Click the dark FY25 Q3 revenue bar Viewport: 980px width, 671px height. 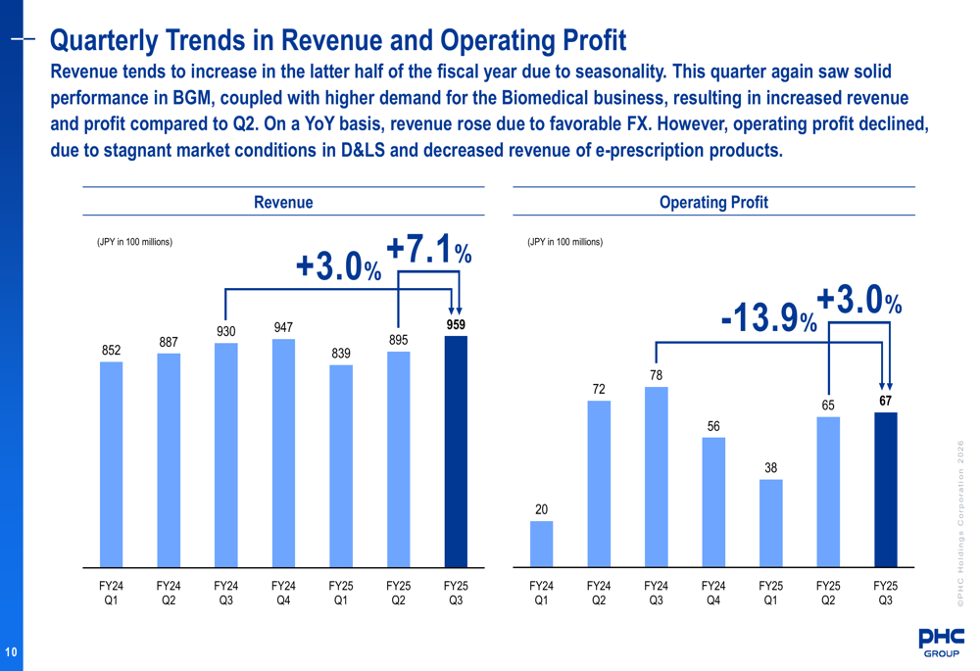pyautogui.click(x=456, y=452)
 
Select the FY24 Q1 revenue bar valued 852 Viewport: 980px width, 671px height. pyautogui.click(x=112, y=464)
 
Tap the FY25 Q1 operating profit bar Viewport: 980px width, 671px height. pyautogui.click(x=770, y=523)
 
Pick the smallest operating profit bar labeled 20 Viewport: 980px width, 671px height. pyautogui.click(x=541, y=544)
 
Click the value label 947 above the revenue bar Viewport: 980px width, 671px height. pyautogui.click(x=283, y=327)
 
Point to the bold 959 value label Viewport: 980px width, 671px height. pyautogui.click(x=456, y=324)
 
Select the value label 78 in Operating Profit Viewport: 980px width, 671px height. pyautogui.click(x=656, y=375)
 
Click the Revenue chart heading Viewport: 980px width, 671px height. pyautogui.click(x=283, y=203)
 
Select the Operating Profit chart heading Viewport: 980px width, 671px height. pyautogui.click(x=713, y=203)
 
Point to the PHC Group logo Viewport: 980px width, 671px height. pyautogui.click(x=940, y=642)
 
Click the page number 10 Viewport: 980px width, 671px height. pyautogui.click(x=10, y=652)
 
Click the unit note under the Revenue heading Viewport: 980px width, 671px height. pyautogui.click(x=134, y=242)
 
